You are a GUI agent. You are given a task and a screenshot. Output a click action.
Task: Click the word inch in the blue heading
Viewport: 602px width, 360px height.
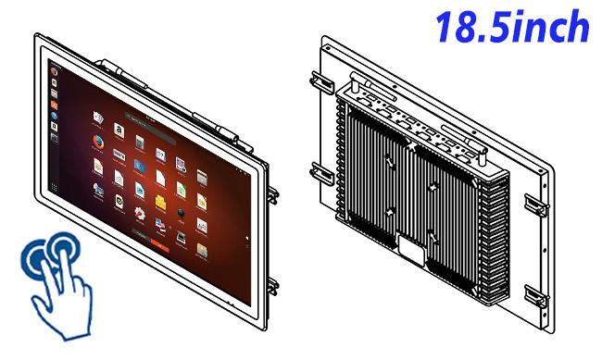(550, 26)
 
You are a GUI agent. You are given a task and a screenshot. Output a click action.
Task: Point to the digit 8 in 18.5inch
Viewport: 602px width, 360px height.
(464, 26)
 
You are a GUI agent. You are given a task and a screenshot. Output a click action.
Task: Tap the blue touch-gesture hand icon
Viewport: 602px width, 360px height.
(56, 285)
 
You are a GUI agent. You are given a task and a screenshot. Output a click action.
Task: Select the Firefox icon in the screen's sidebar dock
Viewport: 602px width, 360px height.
(54, 72)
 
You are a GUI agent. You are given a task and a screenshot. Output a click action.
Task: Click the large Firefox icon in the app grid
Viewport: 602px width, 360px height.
(98, 143)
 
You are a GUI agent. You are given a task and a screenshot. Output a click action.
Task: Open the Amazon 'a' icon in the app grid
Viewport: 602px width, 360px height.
(119, 130)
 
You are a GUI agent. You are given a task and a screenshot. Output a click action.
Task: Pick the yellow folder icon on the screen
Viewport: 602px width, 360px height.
(160, 204)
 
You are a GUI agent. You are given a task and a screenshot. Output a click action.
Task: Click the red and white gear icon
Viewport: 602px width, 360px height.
(140, 215)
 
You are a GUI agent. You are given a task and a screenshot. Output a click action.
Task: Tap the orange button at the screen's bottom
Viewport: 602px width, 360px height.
(159, 244)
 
